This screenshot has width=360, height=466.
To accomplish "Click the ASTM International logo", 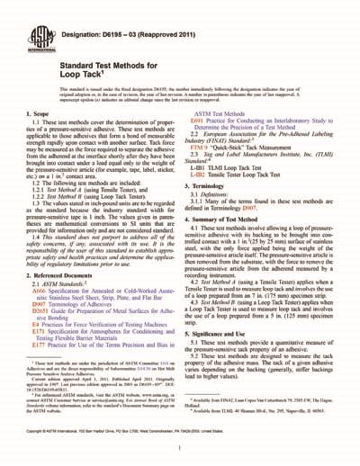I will pyautogui.click(x=38, y=31).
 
